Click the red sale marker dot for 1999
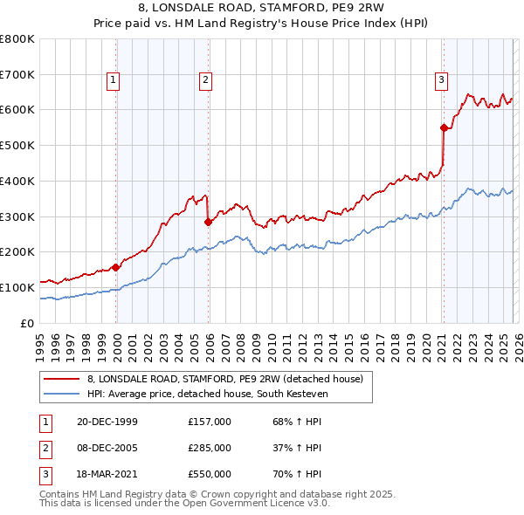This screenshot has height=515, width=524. [x=116, y=267]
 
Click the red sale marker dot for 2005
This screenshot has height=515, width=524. [x=208, y=222]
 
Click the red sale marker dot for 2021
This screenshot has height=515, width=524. [x=444, y=127]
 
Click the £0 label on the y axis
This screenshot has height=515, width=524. [x=29, y=323]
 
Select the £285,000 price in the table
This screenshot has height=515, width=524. [x=210, y=448]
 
